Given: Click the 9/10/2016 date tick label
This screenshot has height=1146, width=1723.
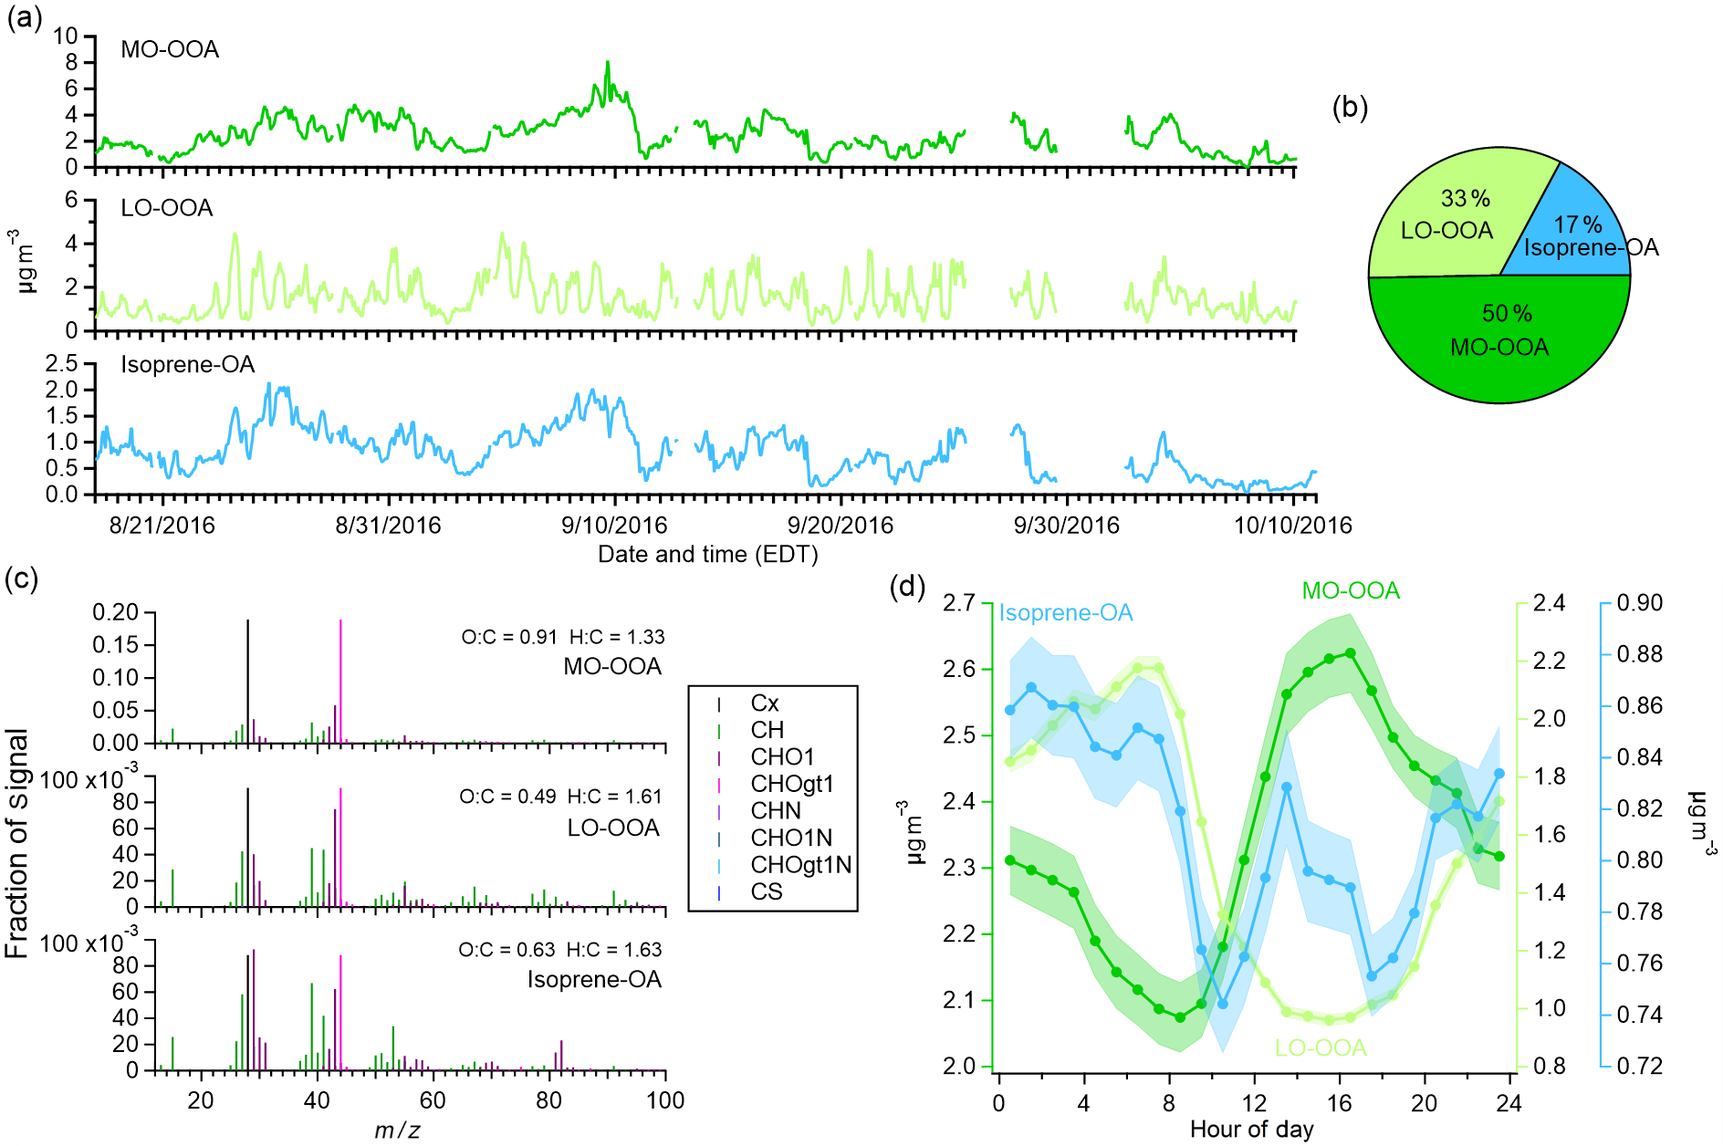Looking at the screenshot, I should (x=614, y=526).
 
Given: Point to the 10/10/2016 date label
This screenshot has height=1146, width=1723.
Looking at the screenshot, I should (x=1292, y=526).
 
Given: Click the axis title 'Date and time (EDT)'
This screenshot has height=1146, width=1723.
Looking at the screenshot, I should (x=707, y=555).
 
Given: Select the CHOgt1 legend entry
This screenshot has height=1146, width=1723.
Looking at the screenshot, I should (x=791, y=784).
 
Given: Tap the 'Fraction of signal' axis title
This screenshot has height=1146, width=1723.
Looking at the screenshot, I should (x=18, y=844).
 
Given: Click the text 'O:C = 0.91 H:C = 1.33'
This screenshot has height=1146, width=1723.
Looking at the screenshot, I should (x=562, y=637).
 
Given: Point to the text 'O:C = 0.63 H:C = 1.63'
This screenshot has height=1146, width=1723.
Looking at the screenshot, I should (x=559, y=950).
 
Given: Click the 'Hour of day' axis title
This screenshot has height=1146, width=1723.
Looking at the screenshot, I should (x=1251, y=1130).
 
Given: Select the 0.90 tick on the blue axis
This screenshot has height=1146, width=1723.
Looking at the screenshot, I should (x=1639, y=603).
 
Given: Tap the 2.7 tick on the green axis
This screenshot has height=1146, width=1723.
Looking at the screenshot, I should (x=959, y=603).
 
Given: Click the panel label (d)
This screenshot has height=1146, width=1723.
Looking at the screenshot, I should (x=907, y=587).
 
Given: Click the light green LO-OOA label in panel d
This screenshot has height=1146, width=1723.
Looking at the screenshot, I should (x=1320, y=1047).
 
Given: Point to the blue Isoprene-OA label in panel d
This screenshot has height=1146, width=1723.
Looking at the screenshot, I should (x=1065, y=612).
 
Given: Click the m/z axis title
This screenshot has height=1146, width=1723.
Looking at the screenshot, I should (x=397, y=1130).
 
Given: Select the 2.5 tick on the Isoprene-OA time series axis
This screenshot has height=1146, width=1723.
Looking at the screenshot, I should (x=62, y=364).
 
